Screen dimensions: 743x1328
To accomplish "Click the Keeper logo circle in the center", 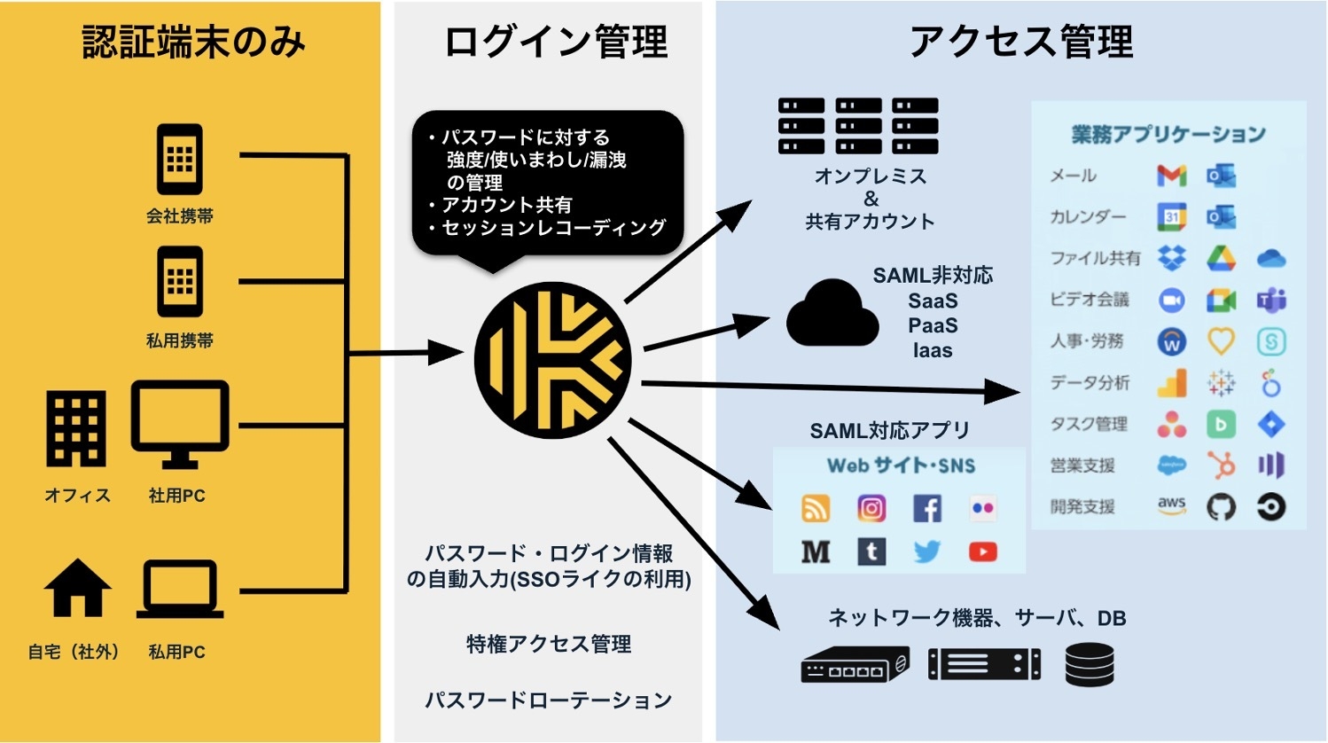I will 552,360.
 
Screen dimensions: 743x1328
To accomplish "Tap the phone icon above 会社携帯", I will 180,160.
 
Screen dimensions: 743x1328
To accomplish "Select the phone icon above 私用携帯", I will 180,282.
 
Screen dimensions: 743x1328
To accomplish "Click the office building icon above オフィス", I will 76,430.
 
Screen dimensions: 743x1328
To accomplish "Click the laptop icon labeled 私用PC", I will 180,590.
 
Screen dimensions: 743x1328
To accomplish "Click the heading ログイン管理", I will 556,42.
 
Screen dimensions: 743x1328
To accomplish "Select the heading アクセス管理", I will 1021,42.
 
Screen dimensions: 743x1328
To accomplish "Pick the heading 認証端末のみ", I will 193,42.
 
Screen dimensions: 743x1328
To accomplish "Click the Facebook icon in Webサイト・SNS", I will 927,508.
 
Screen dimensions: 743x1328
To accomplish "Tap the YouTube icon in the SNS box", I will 982,551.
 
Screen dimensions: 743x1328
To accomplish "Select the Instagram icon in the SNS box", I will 871,508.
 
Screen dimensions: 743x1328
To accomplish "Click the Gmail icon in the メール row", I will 1171,176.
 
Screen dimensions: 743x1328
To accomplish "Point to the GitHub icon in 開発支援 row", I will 1221,507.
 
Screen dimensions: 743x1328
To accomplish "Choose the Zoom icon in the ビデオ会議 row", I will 1171,301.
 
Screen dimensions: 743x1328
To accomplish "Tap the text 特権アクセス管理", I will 549,645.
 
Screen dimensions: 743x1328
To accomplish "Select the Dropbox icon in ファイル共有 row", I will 1171,258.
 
